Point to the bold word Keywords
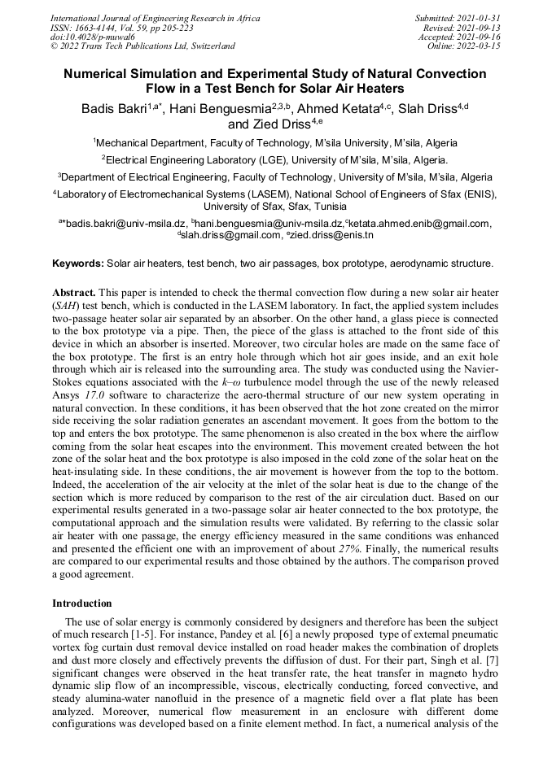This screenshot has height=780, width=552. pyautogui.click(x=78, y=264)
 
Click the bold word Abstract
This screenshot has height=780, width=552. pyautogui.click(x=74, y=291)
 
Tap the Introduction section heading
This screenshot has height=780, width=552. pyautogui.click(x=82, y=604)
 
